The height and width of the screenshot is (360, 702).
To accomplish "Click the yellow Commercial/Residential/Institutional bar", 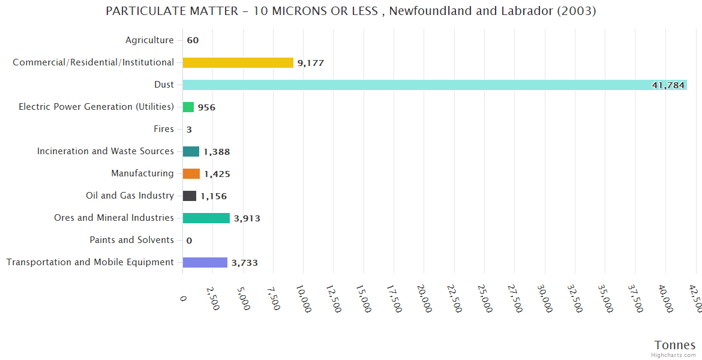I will (x=238, y=62).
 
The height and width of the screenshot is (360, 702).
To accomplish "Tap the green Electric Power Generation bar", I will (x=188, y=107).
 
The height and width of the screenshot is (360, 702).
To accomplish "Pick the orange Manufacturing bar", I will (x=191, y=173).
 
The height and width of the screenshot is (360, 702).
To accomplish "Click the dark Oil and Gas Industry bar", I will (x=190, y=196).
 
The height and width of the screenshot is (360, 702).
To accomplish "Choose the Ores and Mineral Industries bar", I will (x=206, y=218).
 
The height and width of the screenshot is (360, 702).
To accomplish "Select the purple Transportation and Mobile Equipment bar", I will (x=205, y=262).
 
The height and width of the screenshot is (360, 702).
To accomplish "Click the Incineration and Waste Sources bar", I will (x=191, y=151).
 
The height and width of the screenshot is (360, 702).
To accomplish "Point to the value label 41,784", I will (x=668, y=85).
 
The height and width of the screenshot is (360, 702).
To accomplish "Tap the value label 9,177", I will (x=311, y=63).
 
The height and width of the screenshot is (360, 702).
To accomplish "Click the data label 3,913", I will (x=247, y=218).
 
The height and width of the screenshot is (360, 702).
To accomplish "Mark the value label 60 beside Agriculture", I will (x=193, y=41).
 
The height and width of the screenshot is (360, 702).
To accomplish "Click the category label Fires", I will (x=164, y=129).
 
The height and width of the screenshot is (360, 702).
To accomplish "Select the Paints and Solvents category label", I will (x=131, y=240).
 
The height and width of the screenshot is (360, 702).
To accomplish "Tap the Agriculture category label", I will (x=149, y=40).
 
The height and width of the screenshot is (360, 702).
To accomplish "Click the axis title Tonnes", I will (x=674, y=345).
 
